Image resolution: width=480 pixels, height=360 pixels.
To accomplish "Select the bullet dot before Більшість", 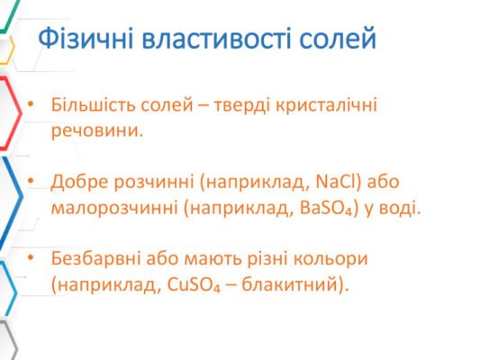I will coord(32,103).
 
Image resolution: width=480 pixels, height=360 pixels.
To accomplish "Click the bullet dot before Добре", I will coord(32,182).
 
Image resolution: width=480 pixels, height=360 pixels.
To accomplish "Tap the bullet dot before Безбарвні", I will coord(32,259).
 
